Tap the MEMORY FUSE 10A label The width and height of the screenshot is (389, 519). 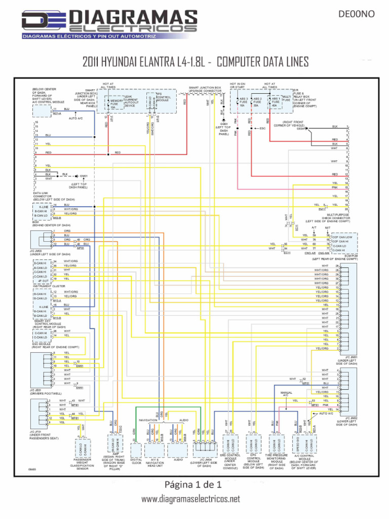116,104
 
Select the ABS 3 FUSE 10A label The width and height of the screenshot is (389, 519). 244,101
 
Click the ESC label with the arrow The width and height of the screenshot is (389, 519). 262,128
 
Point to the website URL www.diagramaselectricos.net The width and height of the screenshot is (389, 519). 190,499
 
